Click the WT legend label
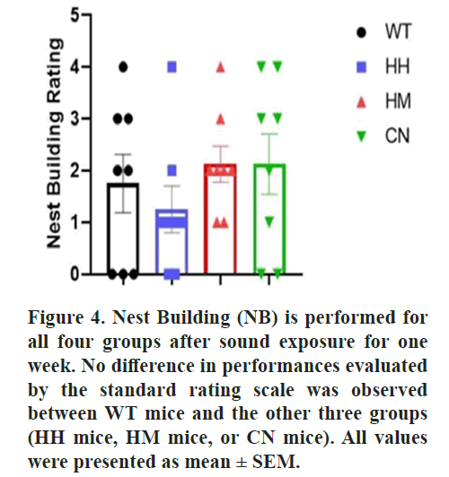tap(398, 31)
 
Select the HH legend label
tap(398, 66)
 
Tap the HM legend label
tap(398, 101)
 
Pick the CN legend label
tap(397, 135)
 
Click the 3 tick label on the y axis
tap(75, 118)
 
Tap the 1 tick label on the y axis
tap(75, 222)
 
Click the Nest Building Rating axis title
tap(55, 143)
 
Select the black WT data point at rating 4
tap(123, 67)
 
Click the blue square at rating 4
tap(172, 67)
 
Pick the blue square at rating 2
tap(172, 170)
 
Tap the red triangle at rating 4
tap(221, 67)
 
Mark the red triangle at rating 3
tap(221, 119)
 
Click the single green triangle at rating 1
tap(269, 222)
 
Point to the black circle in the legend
tap(361, 32)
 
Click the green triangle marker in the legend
tap(361, 136)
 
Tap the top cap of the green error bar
tap(269, 134)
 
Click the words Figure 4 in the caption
tap(66, 318)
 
